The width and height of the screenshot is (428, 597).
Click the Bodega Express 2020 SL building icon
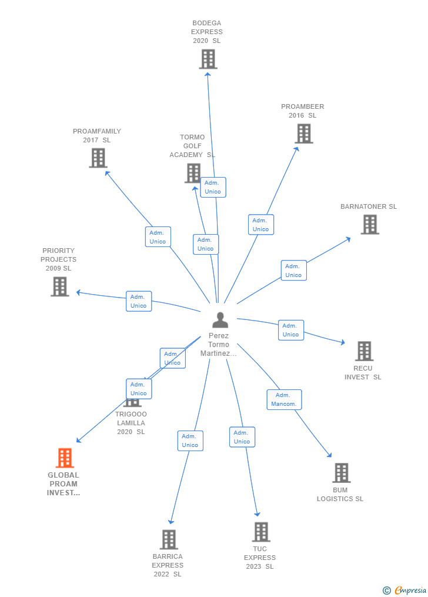208,59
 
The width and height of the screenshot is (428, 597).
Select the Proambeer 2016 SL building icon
303,134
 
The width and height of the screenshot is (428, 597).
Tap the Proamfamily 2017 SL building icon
98,158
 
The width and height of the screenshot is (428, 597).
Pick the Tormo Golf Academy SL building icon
193,173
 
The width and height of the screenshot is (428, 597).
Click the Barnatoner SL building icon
370,224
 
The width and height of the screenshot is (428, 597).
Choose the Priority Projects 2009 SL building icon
60,286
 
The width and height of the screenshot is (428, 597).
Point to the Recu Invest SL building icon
364,351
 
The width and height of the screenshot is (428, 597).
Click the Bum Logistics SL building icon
341,472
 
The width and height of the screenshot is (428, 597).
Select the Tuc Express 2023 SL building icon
261,532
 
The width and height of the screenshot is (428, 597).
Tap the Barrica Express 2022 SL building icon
169,539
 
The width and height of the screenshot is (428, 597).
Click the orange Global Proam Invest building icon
65,458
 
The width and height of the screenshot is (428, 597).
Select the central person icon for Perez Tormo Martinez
220,320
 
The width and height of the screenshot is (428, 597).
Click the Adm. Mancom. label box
284,399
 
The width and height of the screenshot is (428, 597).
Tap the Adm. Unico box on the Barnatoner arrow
293,271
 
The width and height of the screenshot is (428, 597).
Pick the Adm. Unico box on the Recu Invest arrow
290,330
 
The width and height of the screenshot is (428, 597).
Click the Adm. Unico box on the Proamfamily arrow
158,236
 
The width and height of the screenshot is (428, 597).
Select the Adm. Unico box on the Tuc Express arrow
242,437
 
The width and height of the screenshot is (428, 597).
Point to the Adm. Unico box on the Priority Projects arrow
139,301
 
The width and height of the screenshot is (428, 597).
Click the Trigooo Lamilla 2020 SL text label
131,423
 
